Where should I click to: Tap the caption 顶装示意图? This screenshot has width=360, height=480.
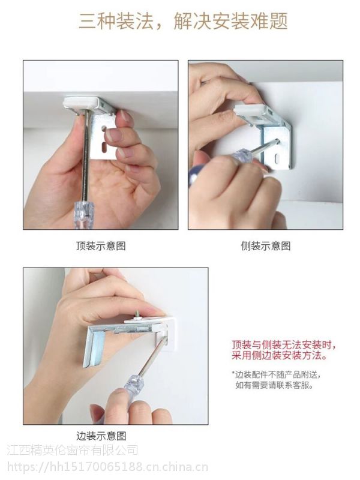[x=101, y=246]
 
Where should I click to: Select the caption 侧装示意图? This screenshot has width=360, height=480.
[x=265, y=246]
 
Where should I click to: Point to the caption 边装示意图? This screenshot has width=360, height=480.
[x=101, y=436]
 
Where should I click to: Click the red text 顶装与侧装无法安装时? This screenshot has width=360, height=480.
[x=283, y=345]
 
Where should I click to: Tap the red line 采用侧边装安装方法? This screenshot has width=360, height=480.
[x=279, y=356]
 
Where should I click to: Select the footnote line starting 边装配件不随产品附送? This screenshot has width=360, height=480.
[x=277, y=374]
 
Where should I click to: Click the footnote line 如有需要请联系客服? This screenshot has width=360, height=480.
[x=274, y=385]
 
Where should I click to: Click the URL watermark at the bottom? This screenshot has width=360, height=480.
[x=107, y=467]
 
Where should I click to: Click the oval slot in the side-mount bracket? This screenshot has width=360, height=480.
[x=278, y=159]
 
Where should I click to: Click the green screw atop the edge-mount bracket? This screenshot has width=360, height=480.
[x=137, y=314]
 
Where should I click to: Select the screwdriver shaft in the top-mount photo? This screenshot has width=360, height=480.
[x=86, y=155]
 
